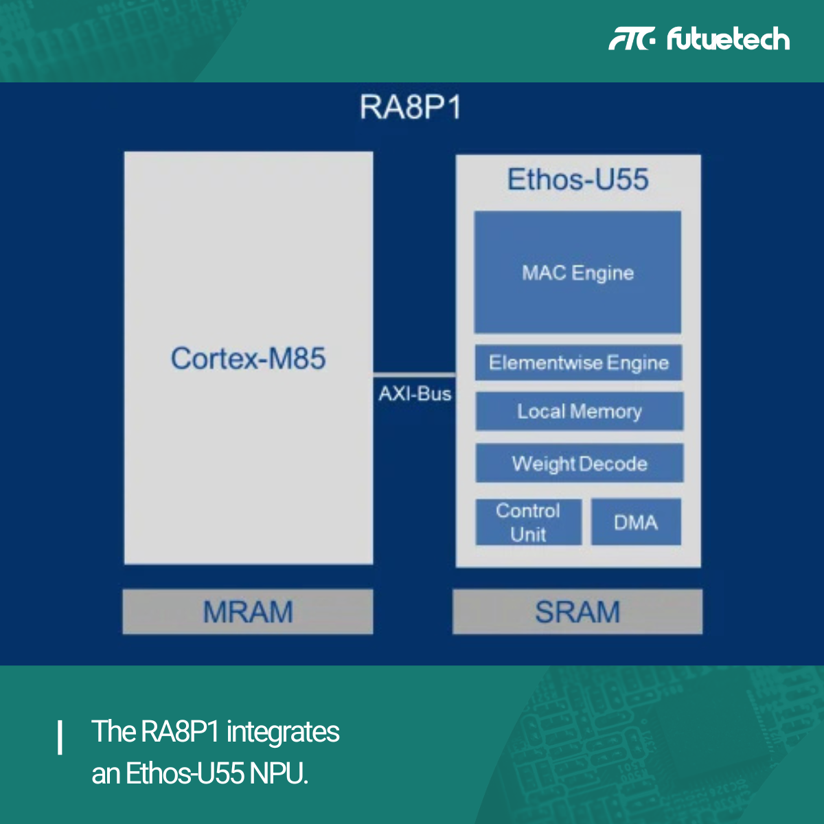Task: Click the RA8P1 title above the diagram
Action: tap(411, 108)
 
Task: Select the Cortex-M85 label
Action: tap(248, 358)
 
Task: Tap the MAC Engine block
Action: tap(577, 273)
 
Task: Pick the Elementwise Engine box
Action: tap(578, 363)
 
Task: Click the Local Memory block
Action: tap(579, 411)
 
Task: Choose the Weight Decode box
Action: tap(579, 463)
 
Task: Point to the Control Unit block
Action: tap(528, 522)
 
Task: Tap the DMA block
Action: tap(636, 523)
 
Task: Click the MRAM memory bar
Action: tap(248, 611)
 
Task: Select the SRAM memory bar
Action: tap(577, 611)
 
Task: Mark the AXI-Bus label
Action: tap(415, 394)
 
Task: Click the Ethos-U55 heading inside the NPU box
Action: tap(577, 180)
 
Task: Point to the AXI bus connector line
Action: tap(414, 374)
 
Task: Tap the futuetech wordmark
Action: tap(728, 39)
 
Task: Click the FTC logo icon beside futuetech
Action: tap(632, 39)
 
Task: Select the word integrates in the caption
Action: tap(283, 732)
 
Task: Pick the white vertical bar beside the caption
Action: tap(60, 737)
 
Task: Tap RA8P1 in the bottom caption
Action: tap(180, 732)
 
